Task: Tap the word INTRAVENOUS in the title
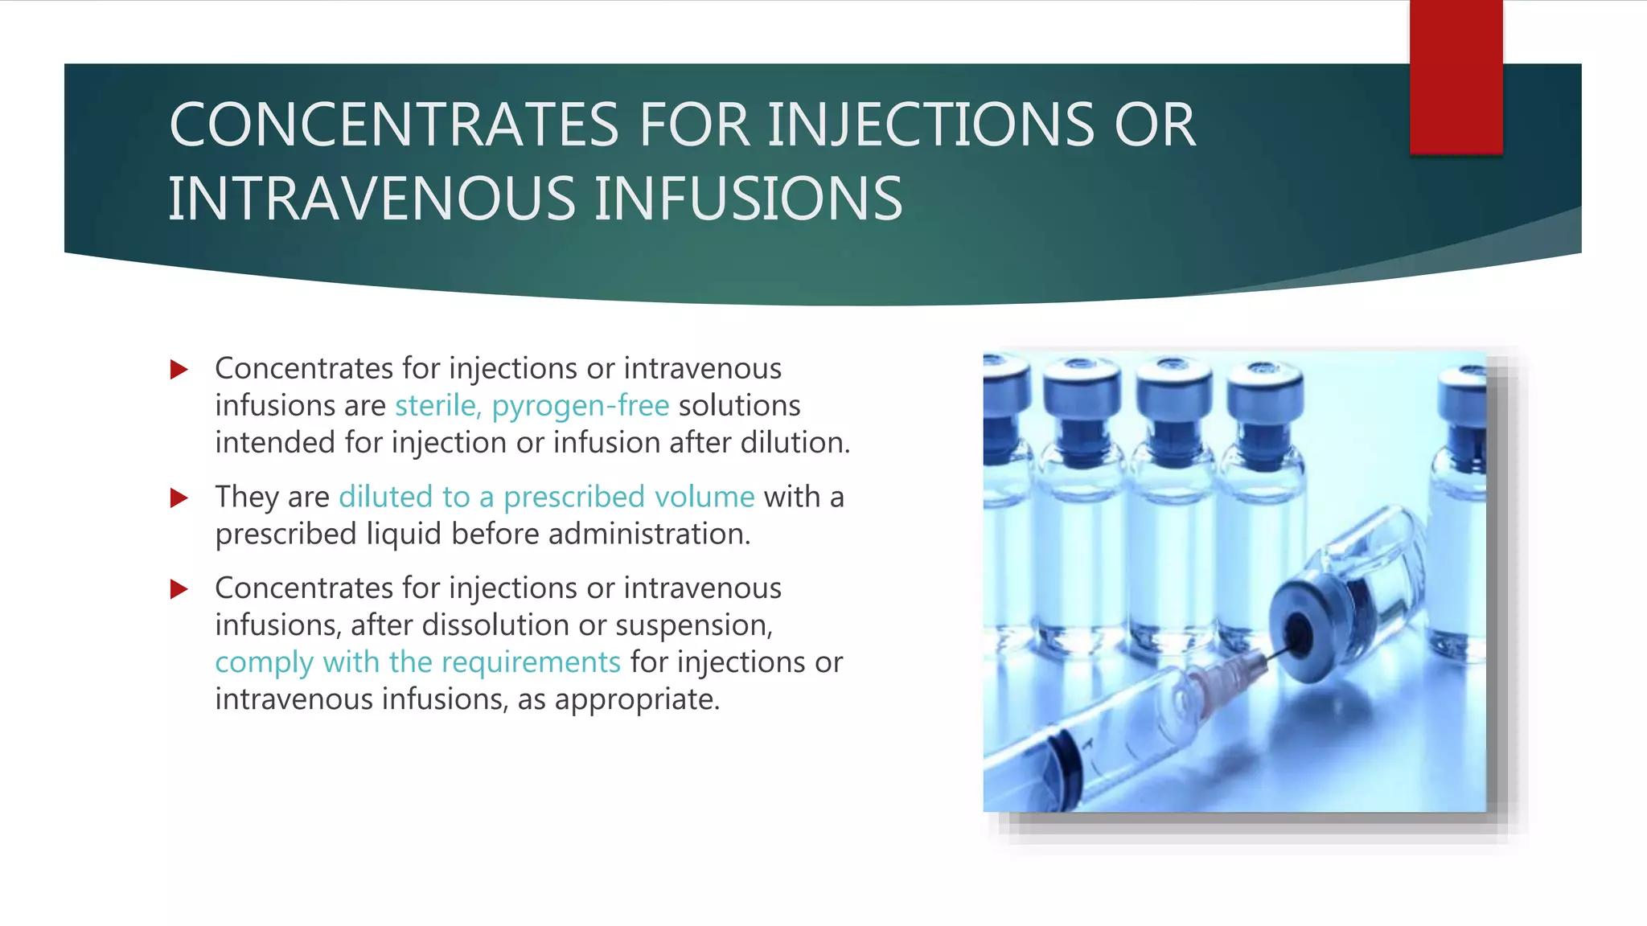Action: (x=372, y=199)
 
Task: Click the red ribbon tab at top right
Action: (x=1456, y=76)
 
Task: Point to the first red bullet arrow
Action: (x=179, y=370)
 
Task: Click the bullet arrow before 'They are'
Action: (x=179, y=498)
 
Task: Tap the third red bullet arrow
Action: (x=179, y=589)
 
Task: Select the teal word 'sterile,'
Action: (x=437, y=406)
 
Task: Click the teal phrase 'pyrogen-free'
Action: (x=581, y=406)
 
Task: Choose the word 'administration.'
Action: (x=649, y=535)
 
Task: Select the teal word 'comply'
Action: (x=264, y=663)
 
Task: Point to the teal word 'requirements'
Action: (x=531, y=662)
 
